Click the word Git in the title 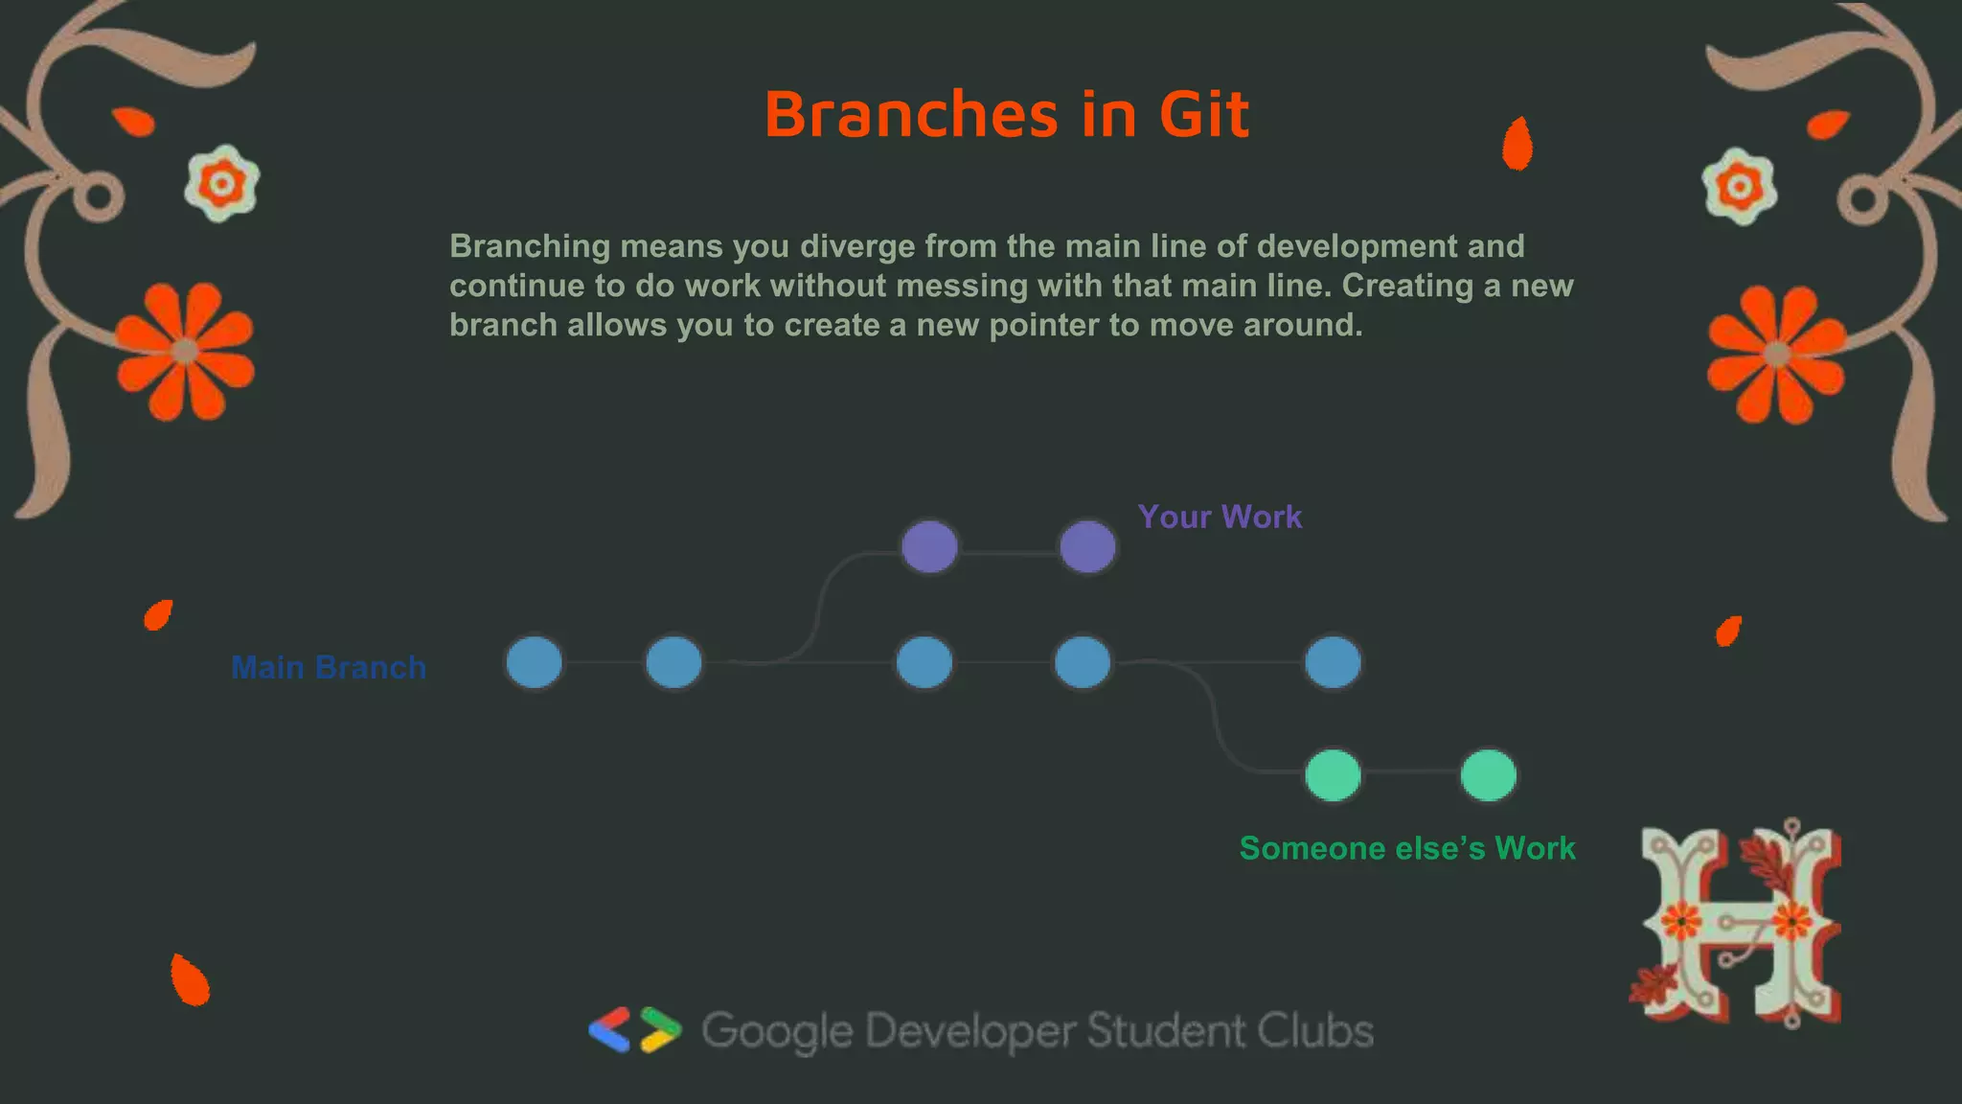[1203, 115]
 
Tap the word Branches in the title [911, 115]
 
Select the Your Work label [1220, 517]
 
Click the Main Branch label [329, 667]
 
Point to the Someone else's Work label [1406, 848]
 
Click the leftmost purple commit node [929, 547]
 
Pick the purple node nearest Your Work [1087, 547]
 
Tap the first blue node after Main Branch [534, 662]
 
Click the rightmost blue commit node [1333, 662]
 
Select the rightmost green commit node [1488, 775]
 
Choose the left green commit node [1333, 775]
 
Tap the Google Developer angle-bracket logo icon [635, 1030]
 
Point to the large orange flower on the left [185, 352]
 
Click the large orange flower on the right [1776, 355]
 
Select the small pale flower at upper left [222, 183]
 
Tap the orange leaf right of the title [1517, 144]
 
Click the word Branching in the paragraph [530, 246]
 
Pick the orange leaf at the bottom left [189, 980]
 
